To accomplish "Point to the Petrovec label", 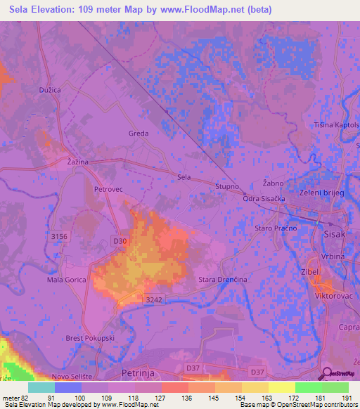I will (x=108, y=189).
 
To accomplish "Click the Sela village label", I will (x=184, y=178).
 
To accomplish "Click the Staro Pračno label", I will (x=276, y=228).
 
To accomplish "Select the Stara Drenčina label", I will (x=223, y=280).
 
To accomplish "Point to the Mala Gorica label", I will (x=67, y=280).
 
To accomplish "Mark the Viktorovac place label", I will (x=329, y=297).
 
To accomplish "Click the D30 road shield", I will (x=120, y=241).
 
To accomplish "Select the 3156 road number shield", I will (x=59, y=238).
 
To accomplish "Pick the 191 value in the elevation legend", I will (x=347, y=398).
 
